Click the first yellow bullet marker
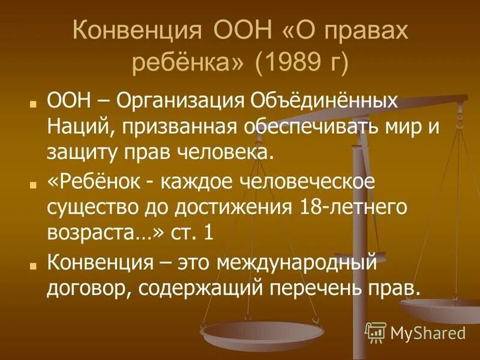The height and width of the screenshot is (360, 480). [34, 102]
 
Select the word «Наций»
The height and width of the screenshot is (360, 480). [73, 127]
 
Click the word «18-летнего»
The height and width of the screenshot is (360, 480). [354, 206]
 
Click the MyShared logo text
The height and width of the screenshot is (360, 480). [428, 332]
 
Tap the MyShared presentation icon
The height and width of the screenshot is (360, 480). [375, 332]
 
